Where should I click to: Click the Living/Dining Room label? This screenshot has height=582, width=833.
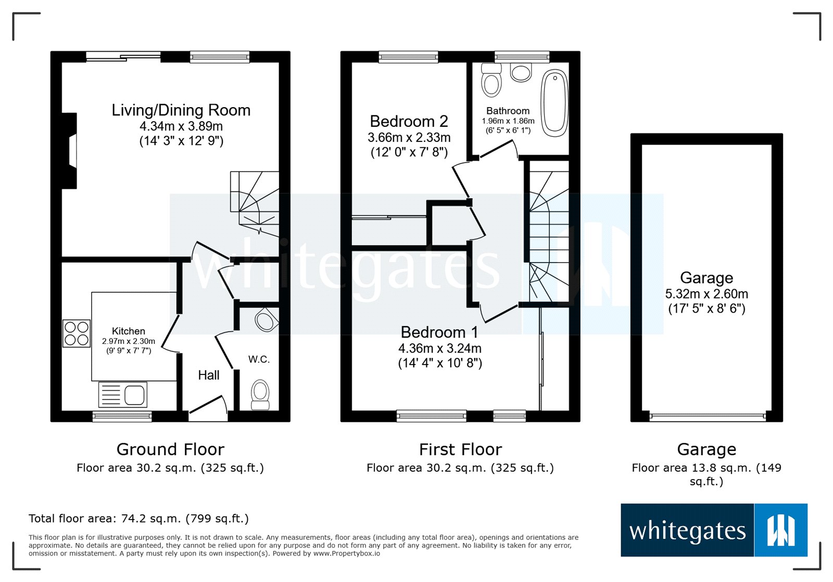tap(181, 110)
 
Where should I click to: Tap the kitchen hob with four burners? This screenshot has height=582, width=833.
tap(77, 333)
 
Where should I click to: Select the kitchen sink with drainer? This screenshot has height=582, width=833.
tap(123, 394)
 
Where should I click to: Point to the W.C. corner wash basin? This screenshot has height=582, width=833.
tap(266, 320)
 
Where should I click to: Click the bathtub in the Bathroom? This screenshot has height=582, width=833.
tap(554, 103)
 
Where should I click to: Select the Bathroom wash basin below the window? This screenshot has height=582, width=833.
tap(521, 72)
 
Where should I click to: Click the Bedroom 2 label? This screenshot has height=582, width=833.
tap(409, 121)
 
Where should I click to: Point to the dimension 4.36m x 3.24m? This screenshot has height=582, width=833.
tap(440, 348)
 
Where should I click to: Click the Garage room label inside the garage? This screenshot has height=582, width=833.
tap(706, 278)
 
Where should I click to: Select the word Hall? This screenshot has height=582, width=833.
tap(208, 375)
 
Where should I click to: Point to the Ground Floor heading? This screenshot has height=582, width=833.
tap(170, 449)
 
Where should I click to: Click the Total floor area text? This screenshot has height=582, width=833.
tap(138, 519)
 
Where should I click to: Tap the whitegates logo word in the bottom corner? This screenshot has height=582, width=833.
tap(687, 531)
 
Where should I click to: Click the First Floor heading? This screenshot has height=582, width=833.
tap(460, 449)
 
